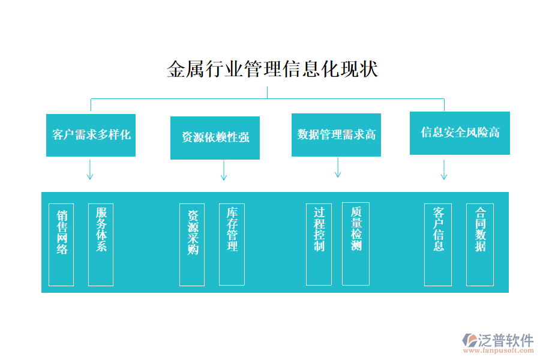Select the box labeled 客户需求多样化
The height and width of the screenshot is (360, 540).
[x=91, y=135]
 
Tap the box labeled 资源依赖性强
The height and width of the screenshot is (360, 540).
[x=215, y=138]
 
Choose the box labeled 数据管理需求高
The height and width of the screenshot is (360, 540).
[x=336, y=135]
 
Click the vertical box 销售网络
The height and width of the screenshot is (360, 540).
[x=61, y=245]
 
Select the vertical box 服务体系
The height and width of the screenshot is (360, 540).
[x=101, y=244]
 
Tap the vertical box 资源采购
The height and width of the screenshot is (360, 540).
[x=192, y=245]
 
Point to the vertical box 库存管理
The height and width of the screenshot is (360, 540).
[x=232, y=244]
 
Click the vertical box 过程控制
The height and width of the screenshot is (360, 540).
[x=319, y=244]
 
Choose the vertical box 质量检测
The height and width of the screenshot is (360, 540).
[x=356, y=244]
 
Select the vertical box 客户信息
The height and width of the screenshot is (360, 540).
[x=438, y=245]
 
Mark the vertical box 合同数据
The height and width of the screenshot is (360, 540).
[x=480, y=244]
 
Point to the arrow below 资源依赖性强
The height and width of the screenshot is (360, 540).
[x=224, y=170]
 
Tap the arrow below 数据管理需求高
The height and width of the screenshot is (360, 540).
[x=338, y=167]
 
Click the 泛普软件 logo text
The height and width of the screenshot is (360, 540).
[x=505, y=340]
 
